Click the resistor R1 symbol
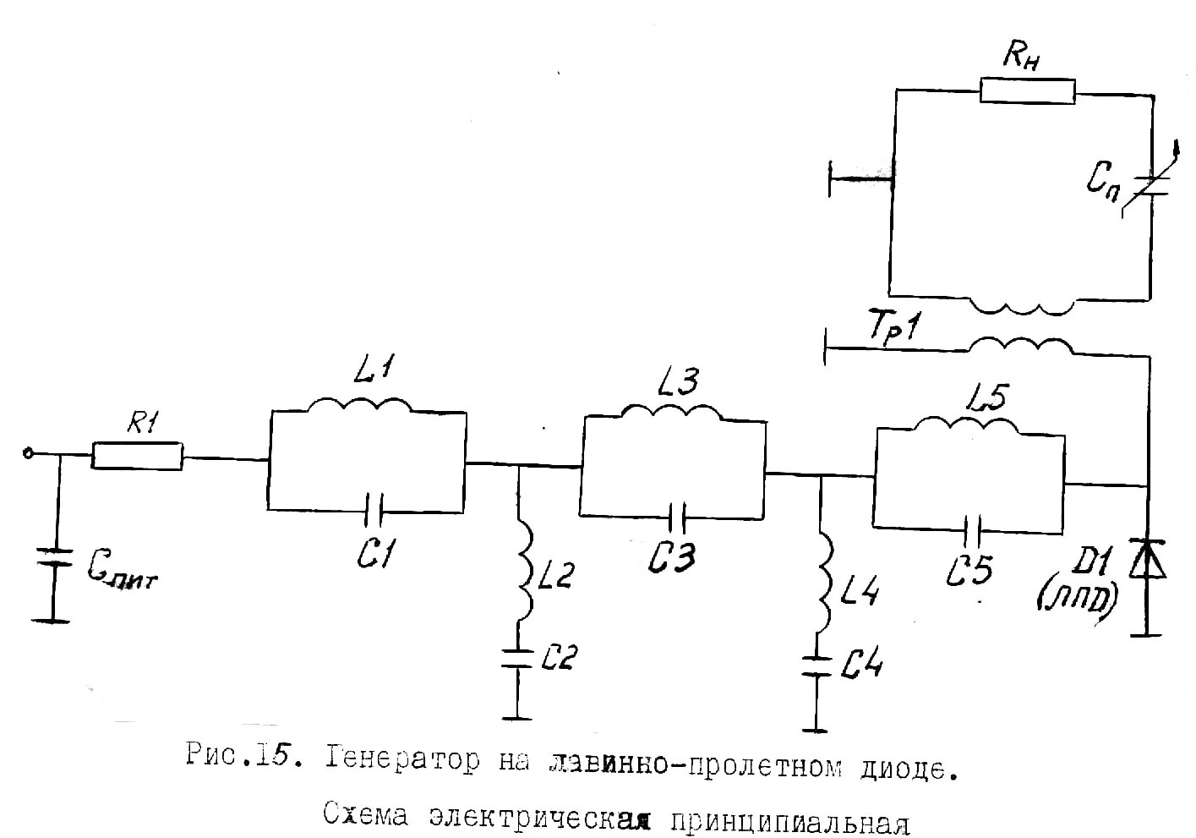(136, 456)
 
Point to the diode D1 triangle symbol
(1147, 559)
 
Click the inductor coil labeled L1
(360, 405)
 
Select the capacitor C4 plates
(816, 665)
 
